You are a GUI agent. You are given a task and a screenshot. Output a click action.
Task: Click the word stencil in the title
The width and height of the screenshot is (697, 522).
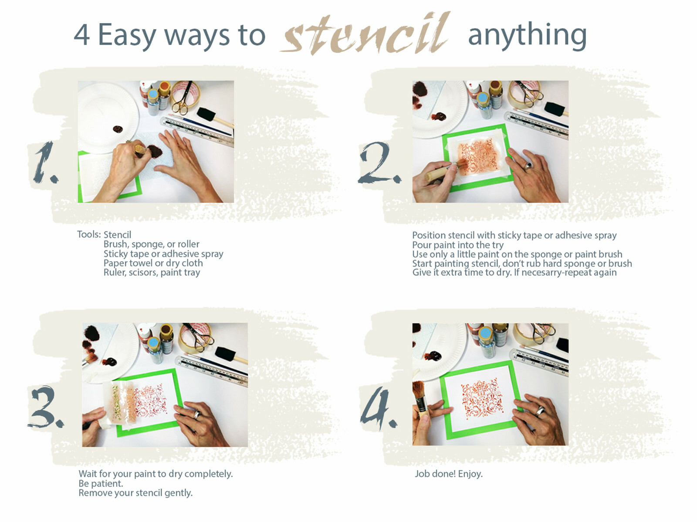(365, 34)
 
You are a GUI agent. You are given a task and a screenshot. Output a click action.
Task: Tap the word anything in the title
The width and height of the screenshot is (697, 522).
(527, 36)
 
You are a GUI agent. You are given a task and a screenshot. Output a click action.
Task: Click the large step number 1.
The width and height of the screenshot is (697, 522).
(45, 162)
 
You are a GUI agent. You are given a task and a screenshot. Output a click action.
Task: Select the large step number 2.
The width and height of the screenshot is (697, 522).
(379, 162)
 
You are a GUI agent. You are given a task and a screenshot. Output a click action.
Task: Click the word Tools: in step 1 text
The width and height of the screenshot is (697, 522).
(89, 235)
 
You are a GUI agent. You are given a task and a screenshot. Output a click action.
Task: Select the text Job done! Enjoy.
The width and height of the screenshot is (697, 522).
(449, 474)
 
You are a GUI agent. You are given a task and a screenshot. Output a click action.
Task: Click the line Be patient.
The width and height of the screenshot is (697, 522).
(101, 484)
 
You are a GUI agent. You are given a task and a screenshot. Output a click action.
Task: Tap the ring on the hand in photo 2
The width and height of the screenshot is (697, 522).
(528, 165)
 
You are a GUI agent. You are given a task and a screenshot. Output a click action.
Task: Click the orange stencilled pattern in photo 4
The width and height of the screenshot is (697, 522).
(482, 398)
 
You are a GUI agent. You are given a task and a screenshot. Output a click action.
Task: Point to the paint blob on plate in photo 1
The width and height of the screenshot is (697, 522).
(118, 129)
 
